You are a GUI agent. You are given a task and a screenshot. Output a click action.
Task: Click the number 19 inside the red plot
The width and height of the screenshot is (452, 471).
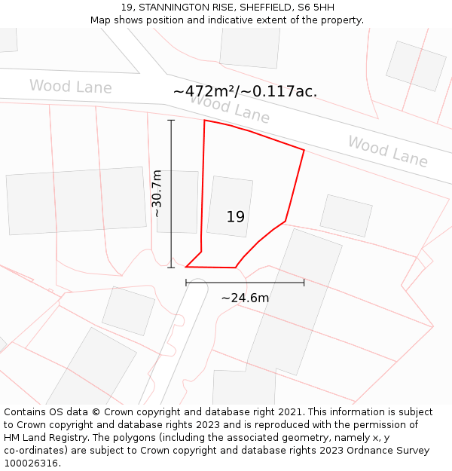coord(236,217)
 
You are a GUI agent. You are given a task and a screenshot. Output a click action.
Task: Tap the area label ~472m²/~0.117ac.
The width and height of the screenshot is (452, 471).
coord(245,91)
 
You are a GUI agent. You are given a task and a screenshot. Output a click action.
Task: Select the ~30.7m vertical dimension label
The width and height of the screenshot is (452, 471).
coord(157,194)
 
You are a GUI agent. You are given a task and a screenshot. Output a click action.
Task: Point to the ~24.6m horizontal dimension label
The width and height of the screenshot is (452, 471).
coord(245,298)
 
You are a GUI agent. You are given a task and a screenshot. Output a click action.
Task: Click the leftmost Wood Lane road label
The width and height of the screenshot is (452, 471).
coord(71,87)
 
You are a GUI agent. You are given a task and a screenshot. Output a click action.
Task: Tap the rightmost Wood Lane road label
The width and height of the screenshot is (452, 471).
coord(387,151)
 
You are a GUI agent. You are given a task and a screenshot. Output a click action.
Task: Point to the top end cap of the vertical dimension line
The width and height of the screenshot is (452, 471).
coord(171,120)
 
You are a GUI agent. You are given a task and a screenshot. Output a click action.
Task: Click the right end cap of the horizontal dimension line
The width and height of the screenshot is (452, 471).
coord(304,283)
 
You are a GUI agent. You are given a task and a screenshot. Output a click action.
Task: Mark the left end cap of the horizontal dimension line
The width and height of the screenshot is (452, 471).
coord(186,283)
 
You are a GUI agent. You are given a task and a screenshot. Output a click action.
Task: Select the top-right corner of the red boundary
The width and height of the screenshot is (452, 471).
coord(304,150)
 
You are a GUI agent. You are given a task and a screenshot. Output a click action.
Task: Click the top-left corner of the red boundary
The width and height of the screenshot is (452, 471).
coord(205,121)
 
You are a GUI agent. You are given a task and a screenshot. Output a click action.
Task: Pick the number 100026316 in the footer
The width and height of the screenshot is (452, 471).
coord(29,463)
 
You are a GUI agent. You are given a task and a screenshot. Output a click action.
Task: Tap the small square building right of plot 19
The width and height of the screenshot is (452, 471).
coord(346,216)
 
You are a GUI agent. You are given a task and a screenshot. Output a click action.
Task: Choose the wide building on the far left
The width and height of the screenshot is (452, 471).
coord(76,200)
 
